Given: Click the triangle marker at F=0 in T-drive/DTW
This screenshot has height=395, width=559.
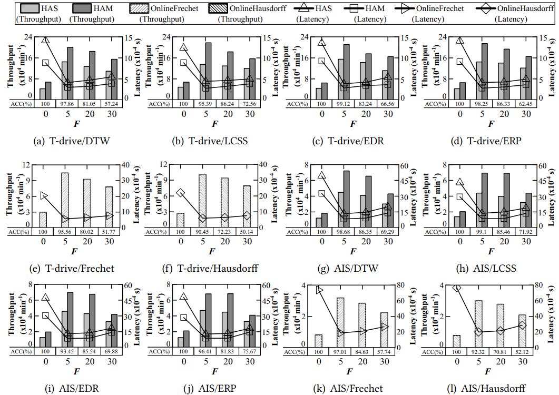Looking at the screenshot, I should (x=45, y=39).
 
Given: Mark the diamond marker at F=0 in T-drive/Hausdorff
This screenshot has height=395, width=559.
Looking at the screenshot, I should (x=181, y=193).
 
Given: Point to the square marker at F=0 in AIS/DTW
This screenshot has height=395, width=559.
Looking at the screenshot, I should (x=321, y=193).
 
